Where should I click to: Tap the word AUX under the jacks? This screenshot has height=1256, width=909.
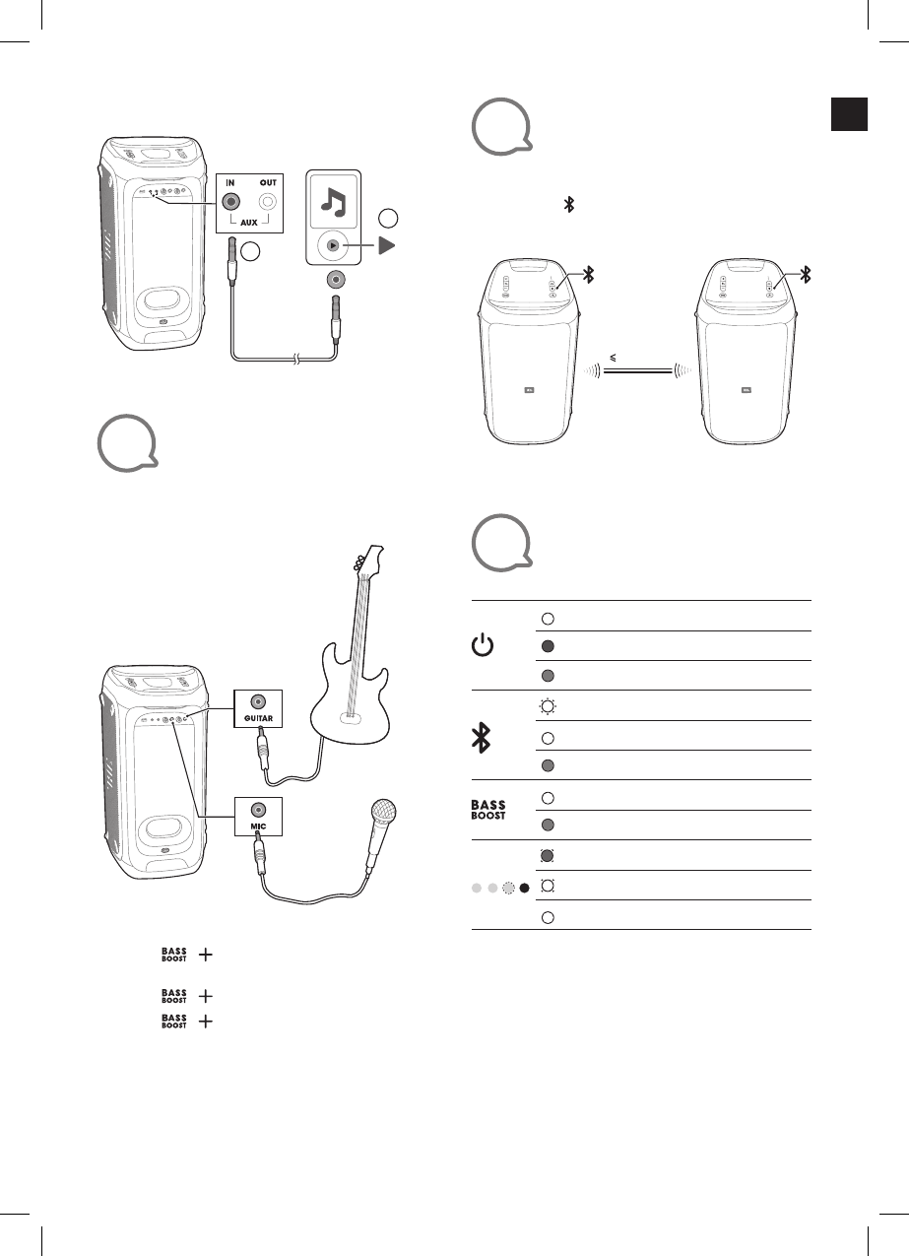tap(249, 224)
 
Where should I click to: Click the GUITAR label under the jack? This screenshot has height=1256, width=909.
tap(258, 720)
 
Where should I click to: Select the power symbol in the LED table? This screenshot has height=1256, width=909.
tap(482, 646)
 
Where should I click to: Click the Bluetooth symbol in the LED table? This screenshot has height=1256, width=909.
tap(482, 736)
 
